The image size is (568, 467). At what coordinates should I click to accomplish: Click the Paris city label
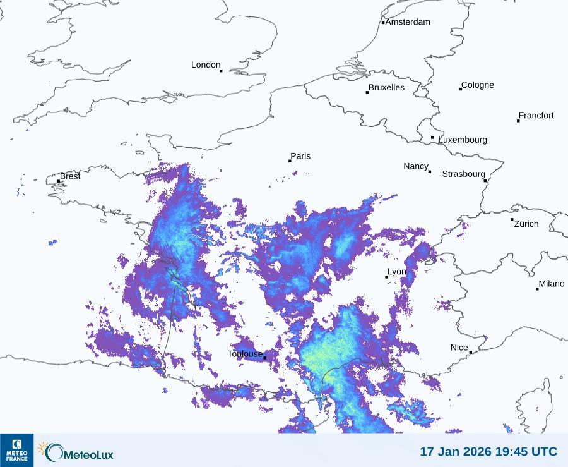(301, 156)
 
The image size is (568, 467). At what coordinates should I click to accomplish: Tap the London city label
(206, 64)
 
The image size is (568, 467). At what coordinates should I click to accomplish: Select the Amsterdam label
(408, 22)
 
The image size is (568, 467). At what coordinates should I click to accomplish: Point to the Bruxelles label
(386, 88)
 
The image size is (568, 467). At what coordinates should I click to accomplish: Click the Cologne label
(478, 85)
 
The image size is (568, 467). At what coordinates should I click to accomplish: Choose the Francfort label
(536, 116)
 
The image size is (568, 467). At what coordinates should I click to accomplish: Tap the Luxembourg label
(463, 140)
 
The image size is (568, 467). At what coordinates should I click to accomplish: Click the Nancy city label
(416, 166)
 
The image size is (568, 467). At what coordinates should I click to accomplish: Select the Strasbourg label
(463, 174)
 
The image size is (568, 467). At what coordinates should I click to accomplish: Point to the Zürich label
(526, 224)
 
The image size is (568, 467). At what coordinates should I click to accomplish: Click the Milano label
(552, 284)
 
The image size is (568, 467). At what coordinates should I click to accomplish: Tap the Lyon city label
(397, 272)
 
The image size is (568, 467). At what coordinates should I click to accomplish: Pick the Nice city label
(459, 348)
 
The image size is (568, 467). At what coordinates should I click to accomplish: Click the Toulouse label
(245, 354)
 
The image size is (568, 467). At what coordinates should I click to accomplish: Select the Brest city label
(70, 176)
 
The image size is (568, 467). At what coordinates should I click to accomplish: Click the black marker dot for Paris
(290, 161)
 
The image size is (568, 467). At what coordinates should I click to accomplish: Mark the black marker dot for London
(221, 71)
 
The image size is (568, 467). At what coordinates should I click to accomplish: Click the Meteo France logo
(16, 450)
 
